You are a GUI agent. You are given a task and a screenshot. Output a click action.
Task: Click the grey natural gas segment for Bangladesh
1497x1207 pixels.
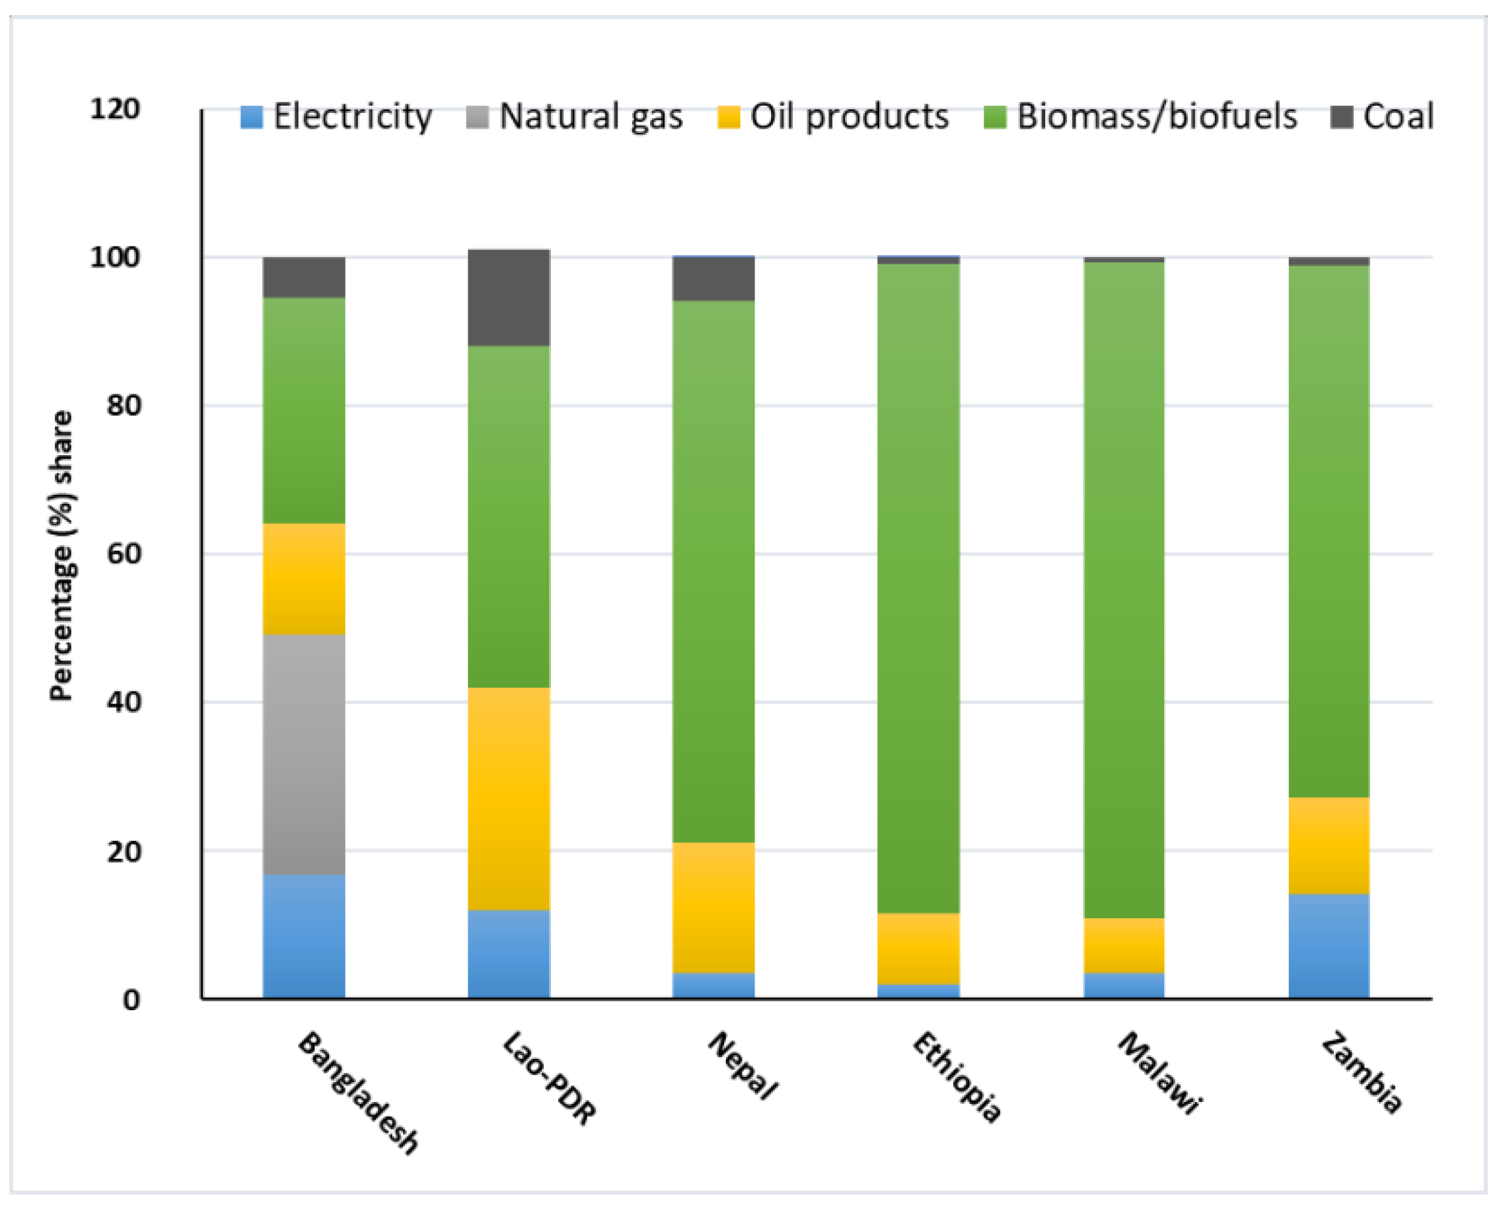pyautogui.click(x=304, y=754)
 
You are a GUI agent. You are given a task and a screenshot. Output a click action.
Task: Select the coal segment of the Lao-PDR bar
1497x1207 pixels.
pyautogui.click(x=508, y=297)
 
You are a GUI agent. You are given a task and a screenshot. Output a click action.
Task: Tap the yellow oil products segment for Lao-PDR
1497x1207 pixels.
pyautogui.click(x=508, y=798)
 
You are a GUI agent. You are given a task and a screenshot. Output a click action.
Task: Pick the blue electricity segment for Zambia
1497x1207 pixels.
pyautogui.click(x=1328, y=945)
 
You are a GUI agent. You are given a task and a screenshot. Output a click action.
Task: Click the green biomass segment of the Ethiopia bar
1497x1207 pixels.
pyautogui.click(x=918, y=587)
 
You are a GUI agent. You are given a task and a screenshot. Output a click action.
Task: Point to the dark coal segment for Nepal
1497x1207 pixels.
pyautogui.click(x=713, y=279)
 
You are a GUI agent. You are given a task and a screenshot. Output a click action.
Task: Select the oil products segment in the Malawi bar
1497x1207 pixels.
pyautogui.click(x=1124, y=945)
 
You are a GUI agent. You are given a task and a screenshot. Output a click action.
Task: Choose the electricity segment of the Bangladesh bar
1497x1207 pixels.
pyautogui.click(x=304, y=936)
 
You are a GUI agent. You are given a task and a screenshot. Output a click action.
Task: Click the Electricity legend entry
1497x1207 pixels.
pyautogui.click(x=336, y=116)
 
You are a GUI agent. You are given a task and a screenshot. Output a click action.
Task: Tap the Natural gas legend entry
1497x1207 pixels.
pyautogui.click(x=575, y=116)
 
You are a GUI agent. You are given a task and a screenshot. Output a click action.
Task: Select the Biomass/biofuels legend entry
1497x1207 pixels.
pyautogui.click(x=1140, y=116)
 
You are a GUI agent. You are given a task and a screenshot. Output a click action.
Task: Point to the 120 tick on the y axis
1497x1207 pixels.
pyautogui.click(x=115, y=109)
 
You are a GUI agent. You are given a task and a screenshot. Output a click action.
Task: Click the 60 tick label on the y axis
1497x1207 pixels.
pyautogui.click(x=124, y=554)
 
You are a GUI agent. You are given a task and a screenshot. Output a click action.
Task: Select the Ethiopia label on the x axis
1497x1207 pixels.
pyautogui.click(x=956, y=1077)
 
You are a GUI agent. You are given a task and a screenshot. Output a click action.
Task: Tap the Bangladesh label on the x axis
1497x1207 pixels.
pyautogui.click(x=358, y=1092)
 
